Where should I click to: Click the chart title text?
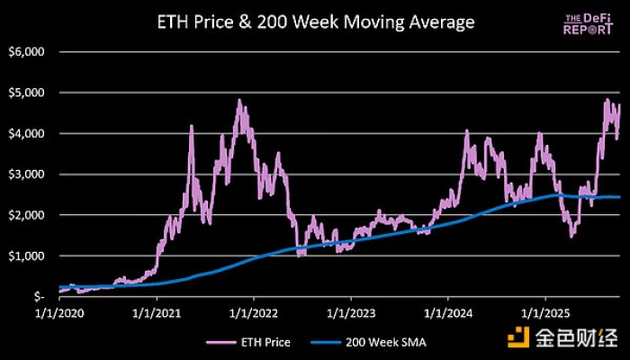(x=314, y=21)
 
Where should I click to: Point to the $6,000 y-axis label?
(x=28, y=52)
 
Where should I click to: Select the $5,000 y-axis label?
(x=28, y=93)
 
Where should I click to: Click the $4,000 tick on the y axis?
(x=28, y=133)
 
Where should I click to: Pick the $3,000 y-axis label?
(x=28, y=174)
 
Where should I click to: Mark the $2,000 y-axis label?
(x=28, y=215)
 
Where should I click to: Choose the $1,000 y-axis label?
(x=28, y=256)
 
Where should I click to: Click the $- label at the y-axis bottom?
(x=38, y=296)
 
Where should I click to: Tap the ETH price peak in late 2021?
(x=239, y=101)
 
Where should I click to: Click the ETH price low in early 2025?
(x=571, y=236)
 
